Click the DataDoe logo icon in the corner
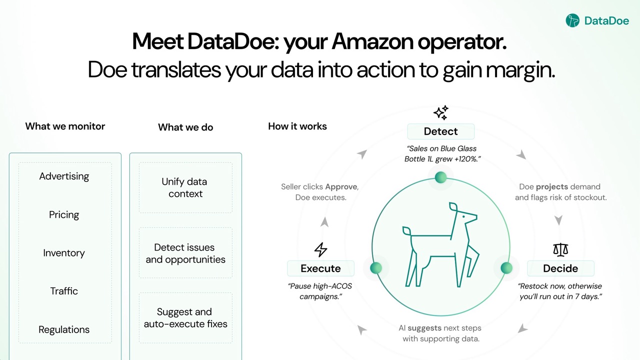tap(572, 20)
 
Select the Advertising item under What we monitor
tap(64, 176)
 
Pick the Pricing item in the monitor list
tap(64, 214)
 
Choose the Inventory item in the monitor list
tap(64, 253)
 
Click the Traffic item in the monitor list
tap(64, 291)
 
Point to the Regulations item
tap(64, 329)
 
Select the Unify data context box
tap(185, 187)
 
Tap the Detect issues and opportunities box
tap(185, 253)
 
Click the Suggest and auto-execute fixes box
tap(185, 317)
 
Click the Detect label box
tap(440, 131)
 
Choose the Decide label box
tap(560, 268)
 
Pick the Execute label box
tap(320, 268)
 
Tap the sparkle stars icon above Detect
tap(440, 112)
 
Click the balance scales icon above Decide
tap(560, 249)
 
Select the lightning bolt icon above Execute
tap(320, 249)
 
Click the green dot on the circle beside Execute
tap(376, 268)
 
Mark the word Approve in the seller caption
tap(341, 186)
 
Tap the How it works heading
tap(297, 126)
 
